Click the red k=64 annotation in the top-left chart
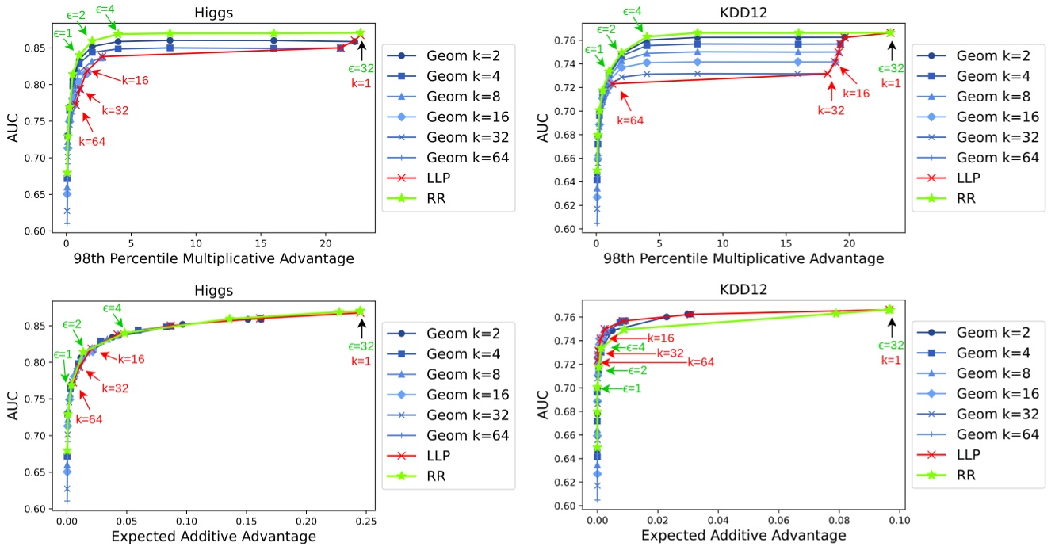pyautogui.click(x=92, y=142)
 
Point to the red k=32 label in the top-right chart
pyautogui.click(x=831, y=110)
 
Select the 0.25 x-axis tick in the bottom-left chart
pyautogui.click(x=366, y=523)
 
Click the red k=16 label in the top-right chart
pyautogui.click(x=856, y=93)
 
